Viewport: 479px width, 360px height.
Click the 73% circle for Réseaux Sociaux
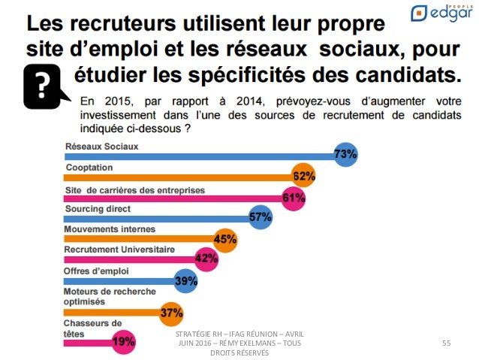tap(346, 155)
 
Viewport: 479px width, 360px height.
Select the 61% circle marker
tap(294, 198)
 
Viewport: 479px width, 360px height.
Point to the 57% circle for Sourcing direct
tap(260, 218)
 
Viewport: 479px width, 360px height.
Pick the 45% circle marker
tap(225, 239)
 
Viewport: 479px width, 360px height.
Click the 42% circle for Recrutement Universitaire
tap(206, 259)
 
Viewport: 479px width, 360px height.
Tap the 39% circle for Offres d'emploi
tap(186, 280)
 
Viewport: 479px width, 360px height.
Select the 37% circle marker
tap(172, 311)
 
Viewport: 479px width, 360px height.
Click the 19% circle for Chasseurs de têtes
tap(123, 342)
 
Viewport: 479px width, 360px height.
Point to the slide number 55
tap(447, 343)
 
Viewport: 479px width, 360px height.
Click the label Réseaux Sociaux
tap(101, 146)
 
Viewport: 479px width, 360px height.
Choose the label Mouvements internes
tap(110, 229)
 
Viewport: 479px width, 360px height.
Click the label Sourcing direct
tap(98, 208)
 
